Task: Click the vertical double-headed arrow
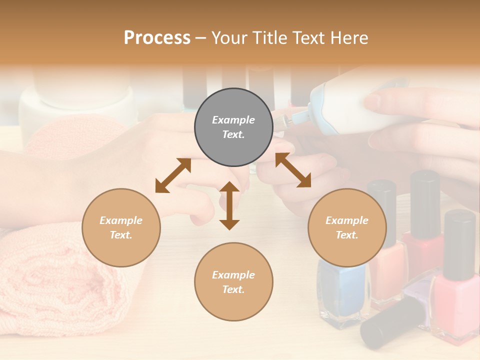(229, 205)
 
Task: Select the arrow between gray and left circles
(173, 175)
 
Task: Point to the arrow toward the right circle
(293, 170)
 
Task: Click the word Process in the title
(157, 37)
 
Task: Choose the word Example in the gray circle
(233, 120)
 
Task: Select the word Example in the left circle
(121, 220)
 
